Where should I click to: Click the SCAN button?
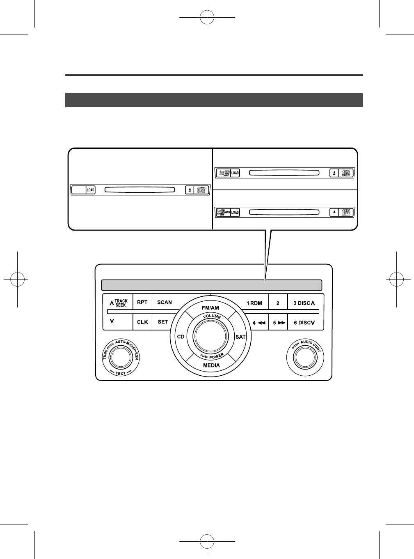click(165, 303)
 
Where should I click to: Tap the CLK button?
click(142, 322)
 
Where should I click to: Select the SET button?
click(163, 322)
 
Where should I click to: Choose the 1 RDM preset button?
click(254, 303)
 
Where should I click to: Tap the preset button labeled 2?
click(278, 303)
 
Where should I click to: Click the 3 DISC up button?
click(304, 303)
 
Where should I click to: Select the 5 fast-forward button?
click(279, 323)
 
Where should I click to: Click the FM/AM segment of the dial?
click(210, 308)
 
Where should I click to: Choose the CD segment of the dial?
click(181, 337)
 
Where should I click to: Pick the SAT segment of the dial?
click(240, 337)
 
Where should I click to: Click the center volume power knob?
click(210, 335)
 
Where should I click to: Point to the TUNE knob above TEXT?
click(120, 357)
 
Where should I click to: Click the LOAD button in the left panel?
click(90, 190)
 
